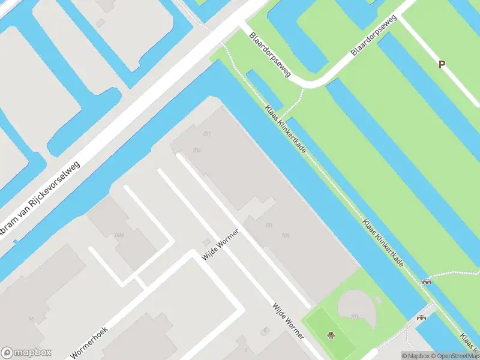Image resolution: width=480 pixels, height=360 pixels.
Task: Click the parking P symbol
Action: [442, 65]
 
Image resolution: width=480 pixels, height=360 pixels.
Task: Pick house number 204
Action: [197, 150]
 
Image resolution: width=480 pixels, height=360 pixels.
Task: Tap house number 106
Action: [285, 235]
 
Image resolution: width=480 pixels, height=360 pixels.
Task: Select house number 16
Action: [31, 319]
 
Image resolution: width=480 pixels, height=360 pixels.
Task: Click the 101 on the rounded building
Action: [354, 316]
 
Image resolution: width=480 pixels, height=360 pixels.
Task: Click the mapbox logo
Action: [26, 353]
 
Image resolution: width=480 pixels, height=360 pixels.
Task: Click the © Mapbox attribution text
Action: [415, 356]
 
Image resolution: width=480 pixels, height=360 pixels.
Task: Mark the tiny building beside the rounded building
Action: [378, 300]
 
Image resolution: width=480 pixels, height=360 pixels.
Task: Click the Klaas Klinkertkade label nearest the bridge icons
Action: [383, 243]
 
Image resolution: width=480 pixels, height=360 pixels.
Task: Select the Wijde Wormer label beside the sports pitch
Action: [288, 321]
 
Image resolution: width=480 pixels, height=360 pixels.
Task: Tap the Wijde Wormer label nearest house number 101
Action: [220, 245]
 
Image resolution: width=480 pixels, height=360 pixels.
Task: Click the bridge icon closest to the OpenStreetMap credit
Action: [421, 318]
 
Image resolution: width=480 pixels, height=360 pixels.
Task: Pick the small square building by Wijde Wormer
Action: [207, 241]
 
